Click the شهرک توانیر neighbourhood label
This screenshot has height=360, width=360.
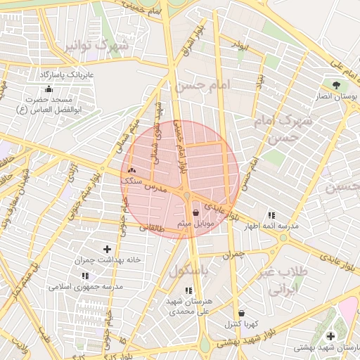98,46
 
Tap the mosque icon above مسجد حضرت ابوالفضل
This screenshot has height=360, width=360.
48,89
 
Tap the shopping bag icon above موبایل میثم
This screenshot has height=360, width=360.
195,212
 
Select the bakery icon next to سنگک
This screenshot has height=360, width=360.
131,170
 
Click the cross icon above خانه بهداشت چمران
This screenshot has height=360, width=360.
107,249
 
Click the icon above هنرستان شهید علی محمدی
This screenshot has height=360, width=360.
188,290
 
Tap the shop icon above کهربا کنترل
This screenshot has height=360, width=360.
242,313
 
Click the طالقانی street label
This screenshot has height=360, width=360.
154,227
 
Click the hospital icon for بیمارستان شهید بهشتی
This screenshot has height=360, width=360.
330,337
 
